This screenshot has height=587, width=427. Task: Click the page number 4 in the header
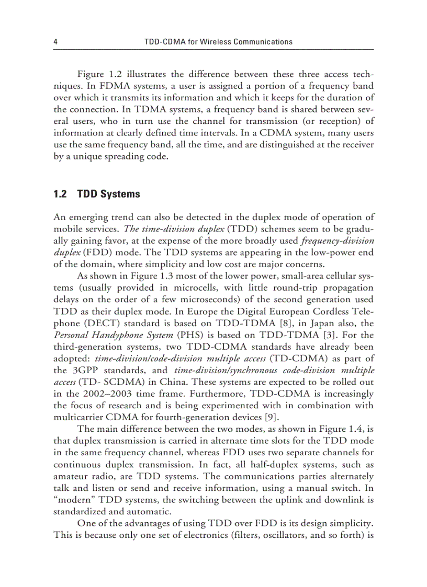point(55,42)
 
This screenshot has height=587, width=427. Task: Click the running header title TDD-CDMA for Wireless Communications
point(218,42)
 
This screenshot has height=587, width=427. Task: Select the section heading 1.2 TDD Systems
point(97,194)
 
